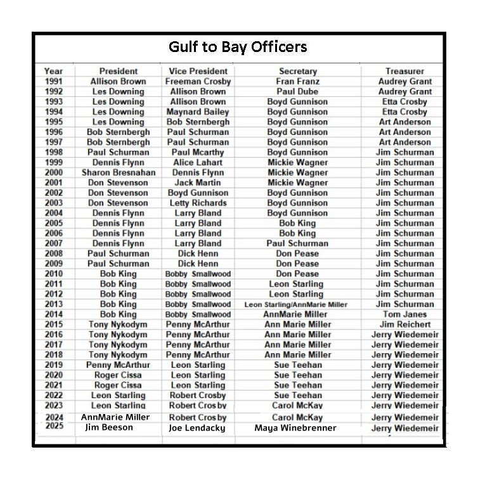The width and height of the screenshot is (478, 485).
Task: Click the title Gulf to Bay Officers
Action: coord(238,47)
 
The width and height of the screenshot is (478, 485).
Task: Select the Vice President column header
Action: coord(198,71)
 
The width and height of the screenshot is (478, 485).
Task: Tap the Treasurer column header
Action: coord(404,71)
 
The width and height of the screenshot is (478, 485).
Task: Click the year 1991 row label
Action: coord(54,81)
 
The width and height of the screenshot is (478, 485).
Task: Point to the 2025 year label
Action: coord(54,427)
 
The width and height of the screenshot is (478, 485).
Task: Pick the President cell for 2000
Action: coord(118,172)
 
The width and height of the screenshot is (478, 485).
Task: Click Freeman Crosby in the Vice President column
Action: coord(198,81)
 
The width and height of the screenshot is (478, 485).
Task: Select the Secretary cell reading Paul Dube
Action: coord(297,91)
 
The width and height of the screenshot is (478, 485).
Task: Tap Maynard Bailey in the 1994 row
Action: coord(198,112)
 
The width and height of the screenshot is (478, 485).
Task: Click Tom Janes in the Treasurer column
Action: coord(404,314)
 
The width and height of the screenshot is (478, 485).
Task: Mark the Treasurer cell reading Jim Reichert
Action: coord(404,325)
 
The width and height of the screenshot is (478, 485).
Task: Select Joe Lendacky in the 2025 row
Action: coord(198,428)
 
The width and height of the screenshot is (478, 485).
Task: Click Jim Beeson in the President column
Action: coord(109,427)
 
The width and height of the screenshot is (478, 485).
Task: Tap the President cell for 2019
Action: coord(118,365)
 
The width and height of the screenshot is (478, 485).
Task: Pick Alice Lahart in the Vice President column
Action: coord(198,162)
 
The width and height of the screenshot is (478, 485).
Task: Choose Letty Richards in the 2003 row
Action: coord(198,203)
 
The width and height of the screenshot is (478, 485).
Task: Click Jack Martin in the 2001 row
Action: coord(198,183)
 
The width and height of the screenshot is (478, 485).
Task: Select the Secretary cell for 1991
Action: coord(297,81)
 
